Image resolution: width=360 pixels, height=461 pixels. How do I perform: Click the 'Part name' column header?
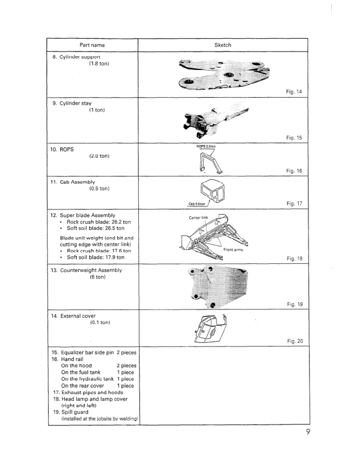coord(93,45)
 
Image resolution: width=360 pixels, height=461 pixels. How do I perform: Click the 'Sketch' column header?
coord(222,45)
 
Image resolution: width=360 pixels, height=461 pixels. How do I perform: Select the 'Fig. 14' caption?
coord(295,91)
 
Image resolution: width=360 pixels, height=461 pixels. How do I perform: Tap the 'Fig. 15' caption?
coord(295,138)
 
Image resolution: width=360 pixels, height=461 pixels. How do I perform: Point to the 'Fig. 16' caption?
coord(295,171)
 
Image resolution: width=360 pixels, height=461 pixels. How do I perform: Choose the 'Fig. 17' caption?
coord(295,204)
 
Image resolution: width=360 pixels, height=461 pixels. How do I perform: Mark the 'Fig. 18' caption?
coord(295,260)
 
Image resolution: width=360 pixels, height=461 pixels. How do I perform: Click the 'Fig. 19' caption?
coord(295,303)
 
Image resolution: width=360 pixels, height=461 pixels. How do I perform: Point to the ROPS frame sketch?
coord(208,161)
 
